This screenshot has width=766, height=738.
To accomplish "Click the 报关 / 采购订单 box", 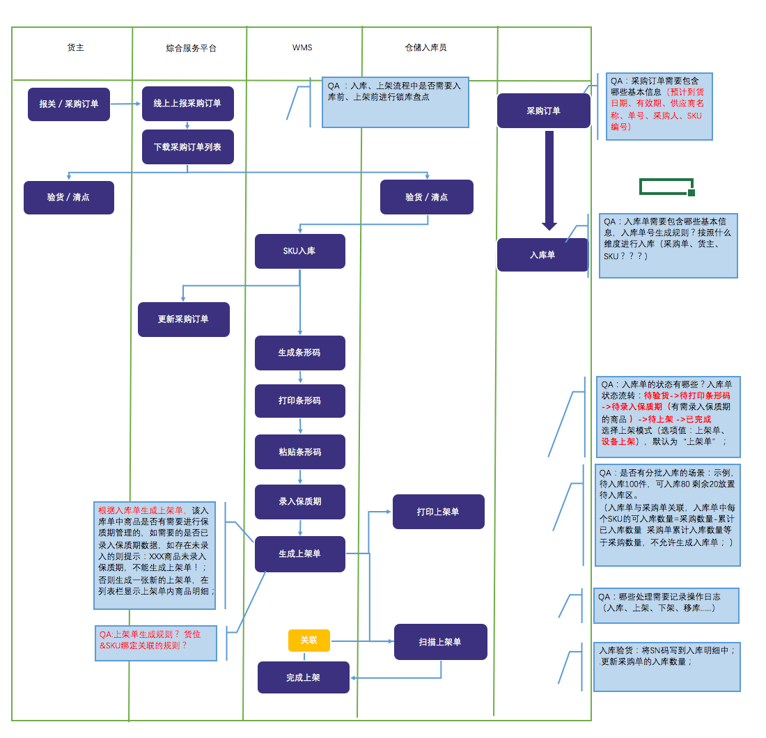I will pos(69,104).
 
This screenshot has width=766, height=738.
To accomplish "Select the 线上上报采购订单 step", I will pos(187,104).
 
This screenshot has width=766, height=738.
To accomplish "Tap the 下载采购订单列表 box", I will pos(187,147).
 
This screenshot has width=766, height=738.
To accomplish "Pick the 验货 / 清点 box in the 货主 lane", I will pos(68,197).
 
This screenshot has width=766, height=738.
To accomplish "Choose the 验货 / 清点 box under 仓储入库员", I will pos(426,197).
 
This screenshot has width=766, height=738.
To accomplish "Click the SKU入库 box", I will pos(299,251).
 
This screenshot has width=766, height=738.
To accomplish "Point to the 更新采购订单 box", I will pos(183,320).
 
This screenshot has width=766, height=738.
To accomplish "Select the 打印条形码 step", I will pos(299,401).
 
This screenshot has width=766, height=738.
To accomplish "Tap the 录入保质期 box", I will pos(299,501).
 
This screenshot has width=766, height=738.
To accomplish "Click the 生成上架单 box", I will pos(299,554).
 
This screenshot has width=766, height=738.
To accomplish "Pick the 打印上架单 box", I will pos(438,512).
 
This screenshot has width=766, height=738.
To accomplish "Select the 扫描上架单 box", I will pos(440,642).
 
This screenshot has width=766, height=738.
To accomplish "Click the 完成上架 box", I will pos(303,677).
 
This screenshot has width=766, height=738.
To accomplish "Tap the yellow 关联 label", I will pos(308,641).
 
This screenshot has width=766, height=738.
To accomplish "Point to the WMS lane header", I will pos(302,48).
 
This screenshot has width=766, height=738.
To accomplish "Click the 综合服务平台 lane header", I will pos(191,49).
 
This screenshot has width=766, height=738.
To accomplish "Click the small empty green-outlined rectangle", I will pos(666,187).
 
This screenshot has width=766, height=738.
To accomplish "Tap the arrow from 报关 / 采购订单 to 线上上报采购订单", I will pos(126,104).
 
